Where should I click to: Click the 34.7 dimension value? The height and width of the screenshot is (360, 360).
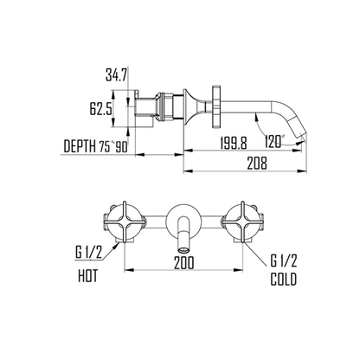116,75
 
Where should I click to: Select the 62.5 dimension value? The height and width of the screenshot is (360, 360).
100,109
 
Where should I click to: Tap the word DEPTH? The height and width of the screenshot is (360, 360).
80,146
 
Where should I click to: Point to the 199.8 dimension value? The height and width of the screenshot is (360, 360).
234,143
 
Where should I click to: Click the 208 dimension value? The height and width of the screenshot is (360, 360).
257,164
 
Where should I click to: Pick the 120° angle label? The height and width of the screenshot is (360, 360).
274,141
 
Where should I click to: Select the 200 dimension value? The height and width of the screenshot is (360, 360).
184,262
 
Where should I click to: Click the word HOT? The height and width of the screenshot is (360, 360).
87,276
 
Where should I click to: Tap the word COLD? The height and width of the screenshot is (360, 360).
284,280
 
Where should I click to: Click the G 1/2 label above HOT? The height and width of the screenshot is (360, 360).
88,253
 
